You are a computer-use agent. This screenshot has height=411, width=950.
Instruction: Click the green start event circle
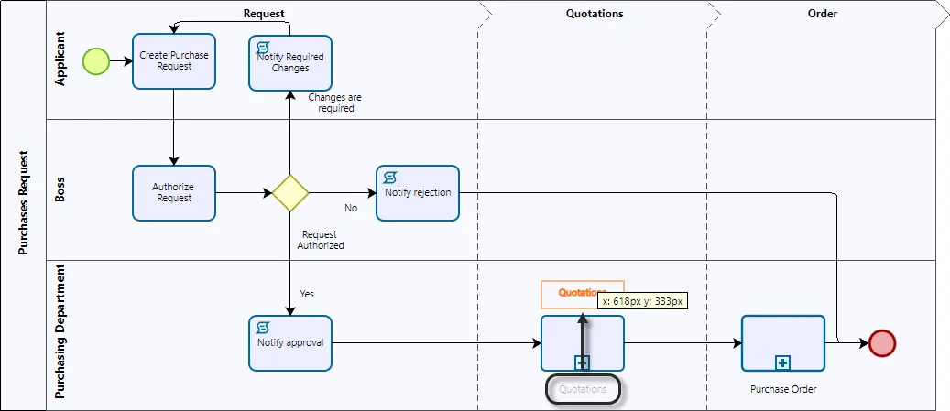[95, 61]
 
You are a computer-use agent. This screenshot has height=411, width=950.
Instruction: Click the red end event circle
[882, 343]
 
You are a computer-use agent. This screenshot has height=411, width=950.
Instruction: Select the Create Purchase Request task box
[174, 61]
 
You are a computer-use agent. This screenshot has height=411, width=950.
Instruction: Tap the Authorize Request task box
[174, 193]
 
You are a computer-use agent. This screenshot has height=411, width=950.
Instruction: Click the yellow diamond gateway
[290, 193]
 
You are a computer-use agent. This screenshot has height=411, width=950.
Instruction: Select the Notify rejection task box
[418, 193]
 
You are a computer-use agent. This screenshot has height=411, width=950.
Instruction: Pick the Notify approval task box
[290, 343]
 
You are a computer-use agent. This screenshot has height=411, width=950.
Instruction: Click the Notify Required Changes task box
[290, 63]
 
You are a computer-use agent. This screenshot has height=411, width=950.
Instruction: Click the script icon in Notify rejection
[391, 177]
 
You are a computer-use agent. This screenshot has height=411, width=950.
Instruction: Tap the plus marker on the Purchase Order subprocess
[782, 362]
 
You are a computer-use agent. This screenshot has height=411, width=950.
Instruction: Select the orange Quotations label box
[583, 294]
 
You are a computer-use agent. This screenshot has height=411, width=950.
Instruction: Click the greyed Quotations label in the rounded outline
[583, 389]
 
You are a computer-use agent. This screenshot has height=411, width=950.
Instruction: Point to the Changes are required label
[335, 103]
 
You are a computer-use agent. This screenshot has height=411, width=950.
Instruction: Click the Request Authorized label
[321, 241]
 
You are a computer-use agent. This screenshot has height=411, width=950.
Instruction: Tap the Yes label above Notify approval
[307, 294]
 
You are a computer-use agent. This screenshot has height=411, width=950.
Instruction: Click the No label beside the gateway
[352, 208]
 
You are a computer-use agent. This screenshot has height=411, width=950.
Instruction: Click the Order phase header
[822, 14]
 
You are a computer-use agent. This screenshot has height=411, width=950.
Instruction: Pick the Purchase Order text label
[783, 389]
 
